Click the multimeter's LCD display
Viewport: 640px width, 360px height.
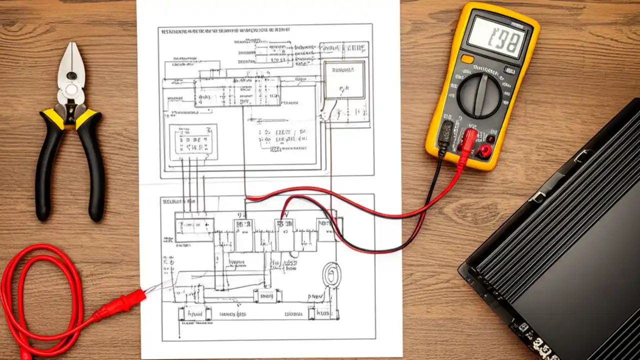[496, 38]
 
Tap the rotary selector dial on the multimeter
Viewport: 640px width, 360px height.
[479, 95]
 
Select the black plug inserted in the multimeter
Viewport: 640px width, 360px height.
[446, 132]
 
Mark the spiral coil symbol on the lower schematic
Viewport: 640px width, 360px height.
[331, 274]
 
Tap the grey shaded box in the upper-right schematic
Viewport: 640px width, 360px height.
[345, 80]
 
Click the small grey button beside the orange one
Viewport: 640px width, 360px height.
[509, 70]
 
